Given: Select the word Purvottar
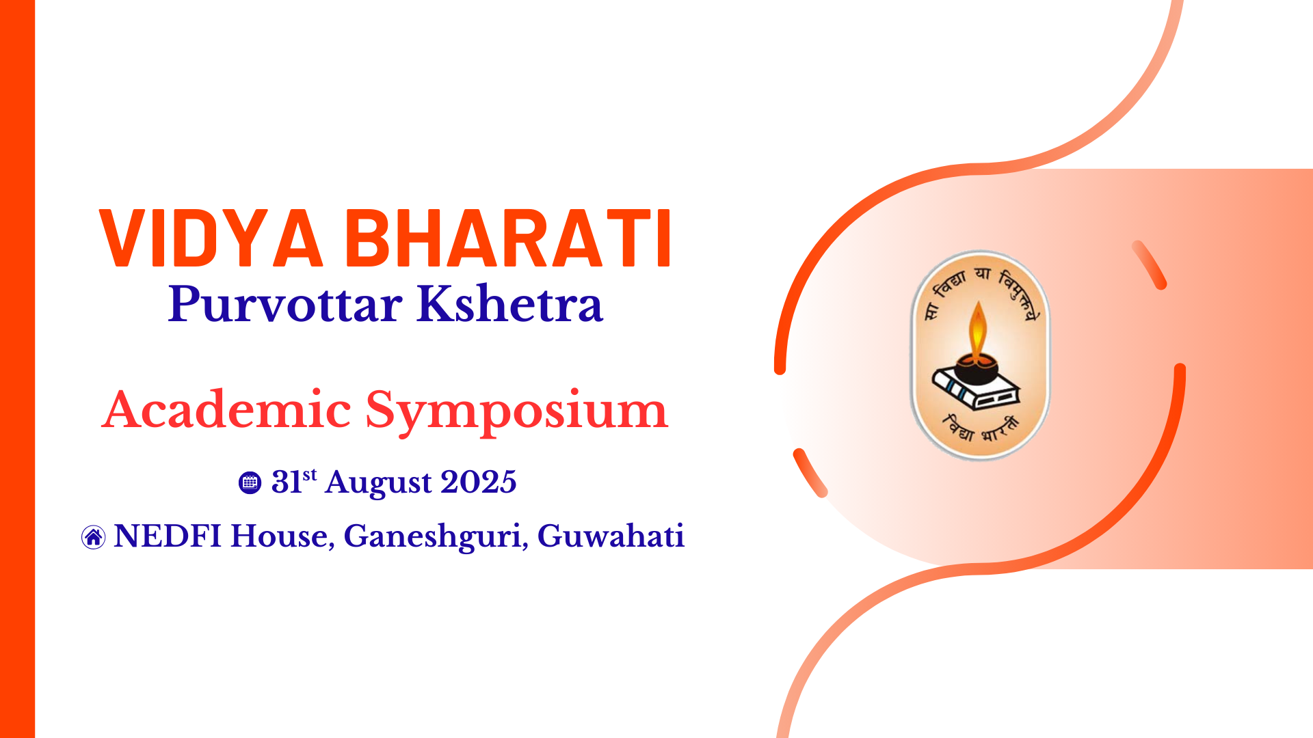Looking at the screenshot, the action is pos(285,305).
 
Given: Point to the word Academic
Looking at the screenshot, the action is pos(226,410).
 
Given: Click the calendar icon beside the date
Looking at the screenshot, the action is pos(250,482).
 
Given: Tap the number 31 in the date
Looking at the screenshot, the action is pos(287,482).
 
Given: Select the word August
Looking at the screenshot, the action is pos(378,484).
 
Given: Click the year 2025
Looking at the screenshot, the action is pos(479,482).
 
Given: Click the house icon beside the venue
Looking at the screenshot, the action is pos(93,537).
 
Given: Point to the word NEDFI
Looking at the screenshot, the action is pos(168,536).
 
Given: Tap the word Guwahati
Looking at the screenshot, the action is pos(611,536).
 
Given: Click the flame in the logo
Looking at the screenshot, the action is pos(978,329).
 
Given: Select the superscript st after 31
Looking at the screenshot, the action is pos(310,474).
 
